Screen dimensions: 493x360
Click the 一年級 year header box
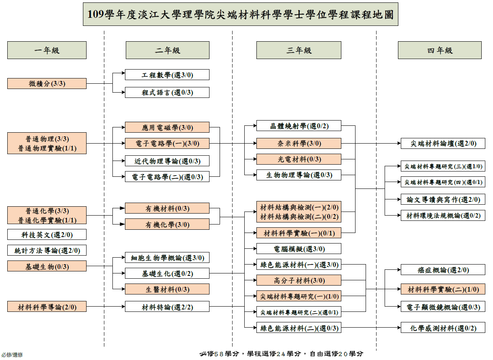47,50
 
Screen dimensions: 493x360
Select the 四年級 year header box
440,50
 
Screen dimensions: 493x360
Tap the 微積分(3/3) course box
47,83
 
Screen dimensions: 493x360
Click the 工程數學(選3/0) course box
167,75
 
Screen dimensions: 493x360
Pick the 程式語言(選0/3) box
167,93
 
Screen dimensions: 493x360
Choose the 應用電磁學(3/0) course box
167,127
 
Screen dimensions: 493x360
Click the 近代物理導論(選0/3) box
167,161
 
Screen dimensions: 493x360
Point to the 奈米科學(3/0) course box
298,143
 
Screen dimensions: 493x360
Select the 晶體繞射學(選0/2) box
298,126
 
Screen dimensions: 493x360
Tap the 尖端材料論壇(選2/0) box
443,143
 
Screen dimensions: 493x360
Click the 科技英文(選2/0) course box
47,235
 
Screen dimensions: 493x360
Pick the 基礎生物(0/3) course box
47,266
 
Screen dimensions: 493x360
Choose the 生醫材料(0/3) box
167,289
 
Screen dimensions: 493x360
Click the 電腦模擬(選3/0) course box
298,249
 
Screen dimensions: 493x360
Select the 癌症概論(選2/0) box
443,270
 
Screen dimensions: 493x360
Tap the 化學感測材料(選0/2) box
443,327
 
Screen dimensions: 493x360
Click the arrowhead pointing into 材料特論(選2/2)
123,306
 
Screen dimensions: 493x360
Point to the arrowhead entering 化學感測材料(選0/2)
399,327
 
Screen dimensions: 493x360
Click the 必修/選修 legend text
12,355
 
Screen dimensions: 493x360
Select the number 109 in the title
96,14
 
